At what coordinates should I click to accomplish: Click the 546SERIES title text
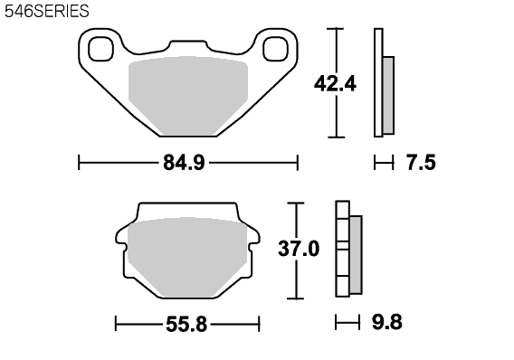click(46, 11)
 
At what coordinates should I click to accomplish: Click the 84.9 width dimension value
click(184, 163)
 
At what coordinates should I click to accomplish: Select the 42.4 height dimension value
click(335, 84)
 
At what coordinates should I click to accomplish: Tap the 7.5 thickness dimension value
click(421, 163)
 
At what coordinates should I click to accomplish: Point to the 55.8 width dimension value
click(186, 325)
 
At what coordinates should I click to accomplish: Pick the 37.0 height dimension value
click(299, 249)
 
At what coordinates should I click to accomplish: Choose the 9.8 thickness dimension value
click(386, 322)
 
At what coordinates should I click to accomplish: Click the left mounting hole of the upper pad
click(101, 49)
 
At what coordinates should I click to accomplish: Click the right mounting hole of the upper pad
click(275, 49)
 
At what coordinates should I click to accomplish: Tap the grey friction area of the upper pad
click(188, 96)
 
